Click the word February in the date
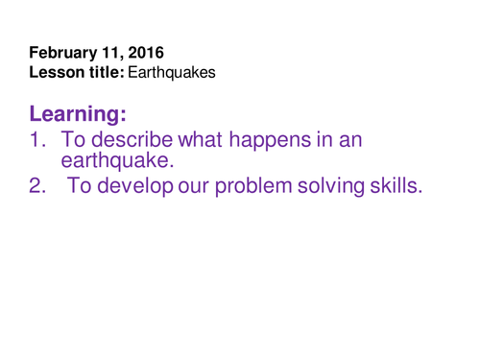[63, 53]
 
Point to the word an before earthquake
[349, 141]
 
